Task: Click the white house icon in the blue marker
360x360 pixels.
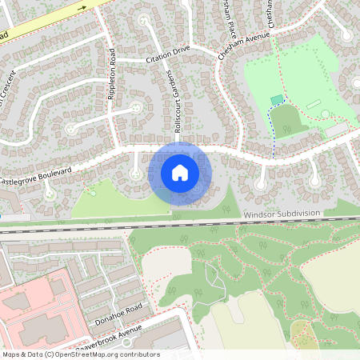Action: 180,173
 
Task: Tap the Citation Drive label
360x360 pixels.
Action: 167,54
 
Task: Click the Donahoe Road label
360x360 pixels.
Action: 118,311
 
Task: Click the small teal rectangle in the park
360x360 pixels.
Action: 277,100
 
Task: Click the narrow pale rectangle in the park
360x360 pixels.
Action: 312,103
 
